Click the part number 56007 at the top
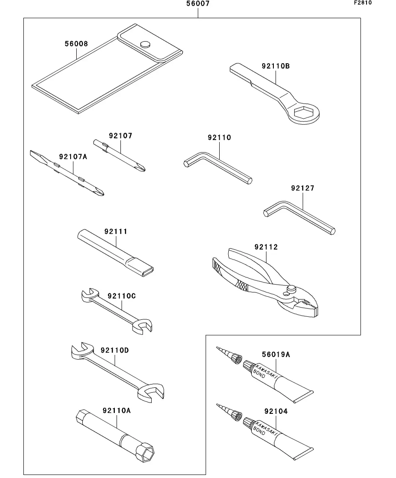[x=198, y=4]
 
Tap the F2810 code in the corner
[x=363, y=3]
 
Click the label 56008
[x=76, y=44]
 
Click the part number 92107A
[x=73, y=156]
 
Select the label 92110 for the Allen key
[x=219, y=138]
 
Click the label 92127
[x=303, y=189]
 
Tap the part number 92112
[x=266, y=247]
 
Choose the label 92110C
[x=121, y=296]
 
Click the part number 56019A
[x=276, y=354]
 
